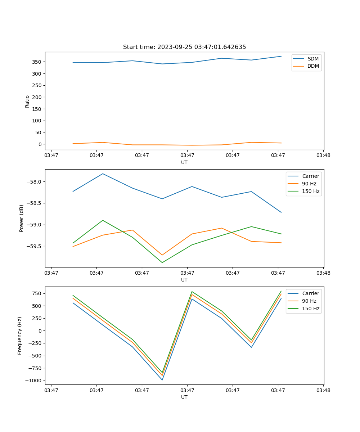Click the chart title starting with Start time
[x=184, y=47]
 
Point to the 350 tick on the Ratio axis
[x=37, y=62]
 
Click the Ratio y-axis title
[x=27, y=101]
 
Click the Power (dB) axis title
[x=22, y=218]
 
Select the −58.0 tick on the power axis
[x=34, y=182]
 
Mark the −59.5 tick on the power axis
[x=34, y=246]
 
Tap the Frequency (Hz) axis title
[x=20, y=336]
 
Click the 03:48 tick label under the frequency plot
[x=323, y=390]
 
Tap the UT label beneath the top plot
[x=184, y=162]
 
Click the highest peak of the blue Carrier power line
[x=103, y=174]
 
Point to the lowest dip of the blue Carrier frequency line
[x=162, y=380]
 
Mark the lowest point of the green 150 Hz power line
[x=162, y=262]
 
